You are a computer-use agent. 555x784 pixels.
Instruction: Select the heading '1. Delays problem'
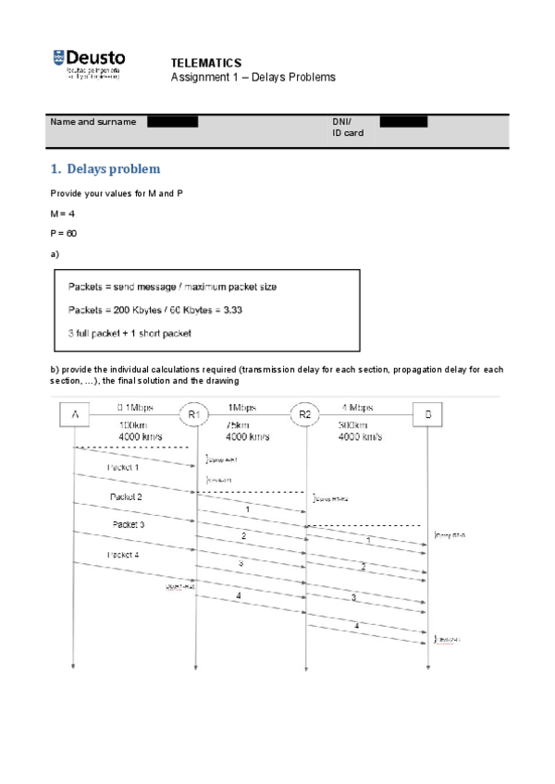tap(105, 169)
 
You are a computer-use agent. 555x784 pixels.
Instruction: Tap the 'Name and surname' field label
tap(92, 122)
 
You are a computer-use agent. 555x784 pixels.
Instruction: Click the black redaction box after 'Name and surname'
tap(172, 122)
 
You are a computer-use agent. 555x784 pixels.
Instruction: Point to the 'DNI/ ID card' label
tap(347, 128)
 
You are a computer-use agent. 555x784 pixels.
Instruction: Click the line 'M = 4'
tap(62, 214)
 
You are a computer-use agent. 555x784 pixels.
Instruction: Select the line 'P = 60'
tap(64, 234)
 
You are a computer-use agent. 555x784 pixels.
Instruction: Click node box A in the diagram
tap(74, 415)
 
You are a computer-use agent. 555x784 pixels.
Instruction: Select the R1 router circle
tap(194, 415)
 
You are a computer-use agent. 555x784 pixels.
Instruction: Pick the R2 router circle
tap(305, 415)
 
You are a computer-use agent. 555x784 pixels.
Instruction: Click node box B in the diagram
tap(427, 415)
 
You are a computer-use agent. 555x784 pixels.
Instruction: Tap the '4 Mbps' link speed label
tap(357, 407)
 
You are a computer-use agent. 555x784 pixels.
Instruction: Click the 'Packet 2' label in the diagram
tap(126, 496)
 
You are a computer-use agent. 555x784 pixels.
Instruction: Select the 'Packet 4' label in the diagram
tap(123, 555)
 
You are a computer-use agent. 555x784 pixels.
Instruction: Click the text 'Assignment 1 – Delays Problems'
tap(253, 77)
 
